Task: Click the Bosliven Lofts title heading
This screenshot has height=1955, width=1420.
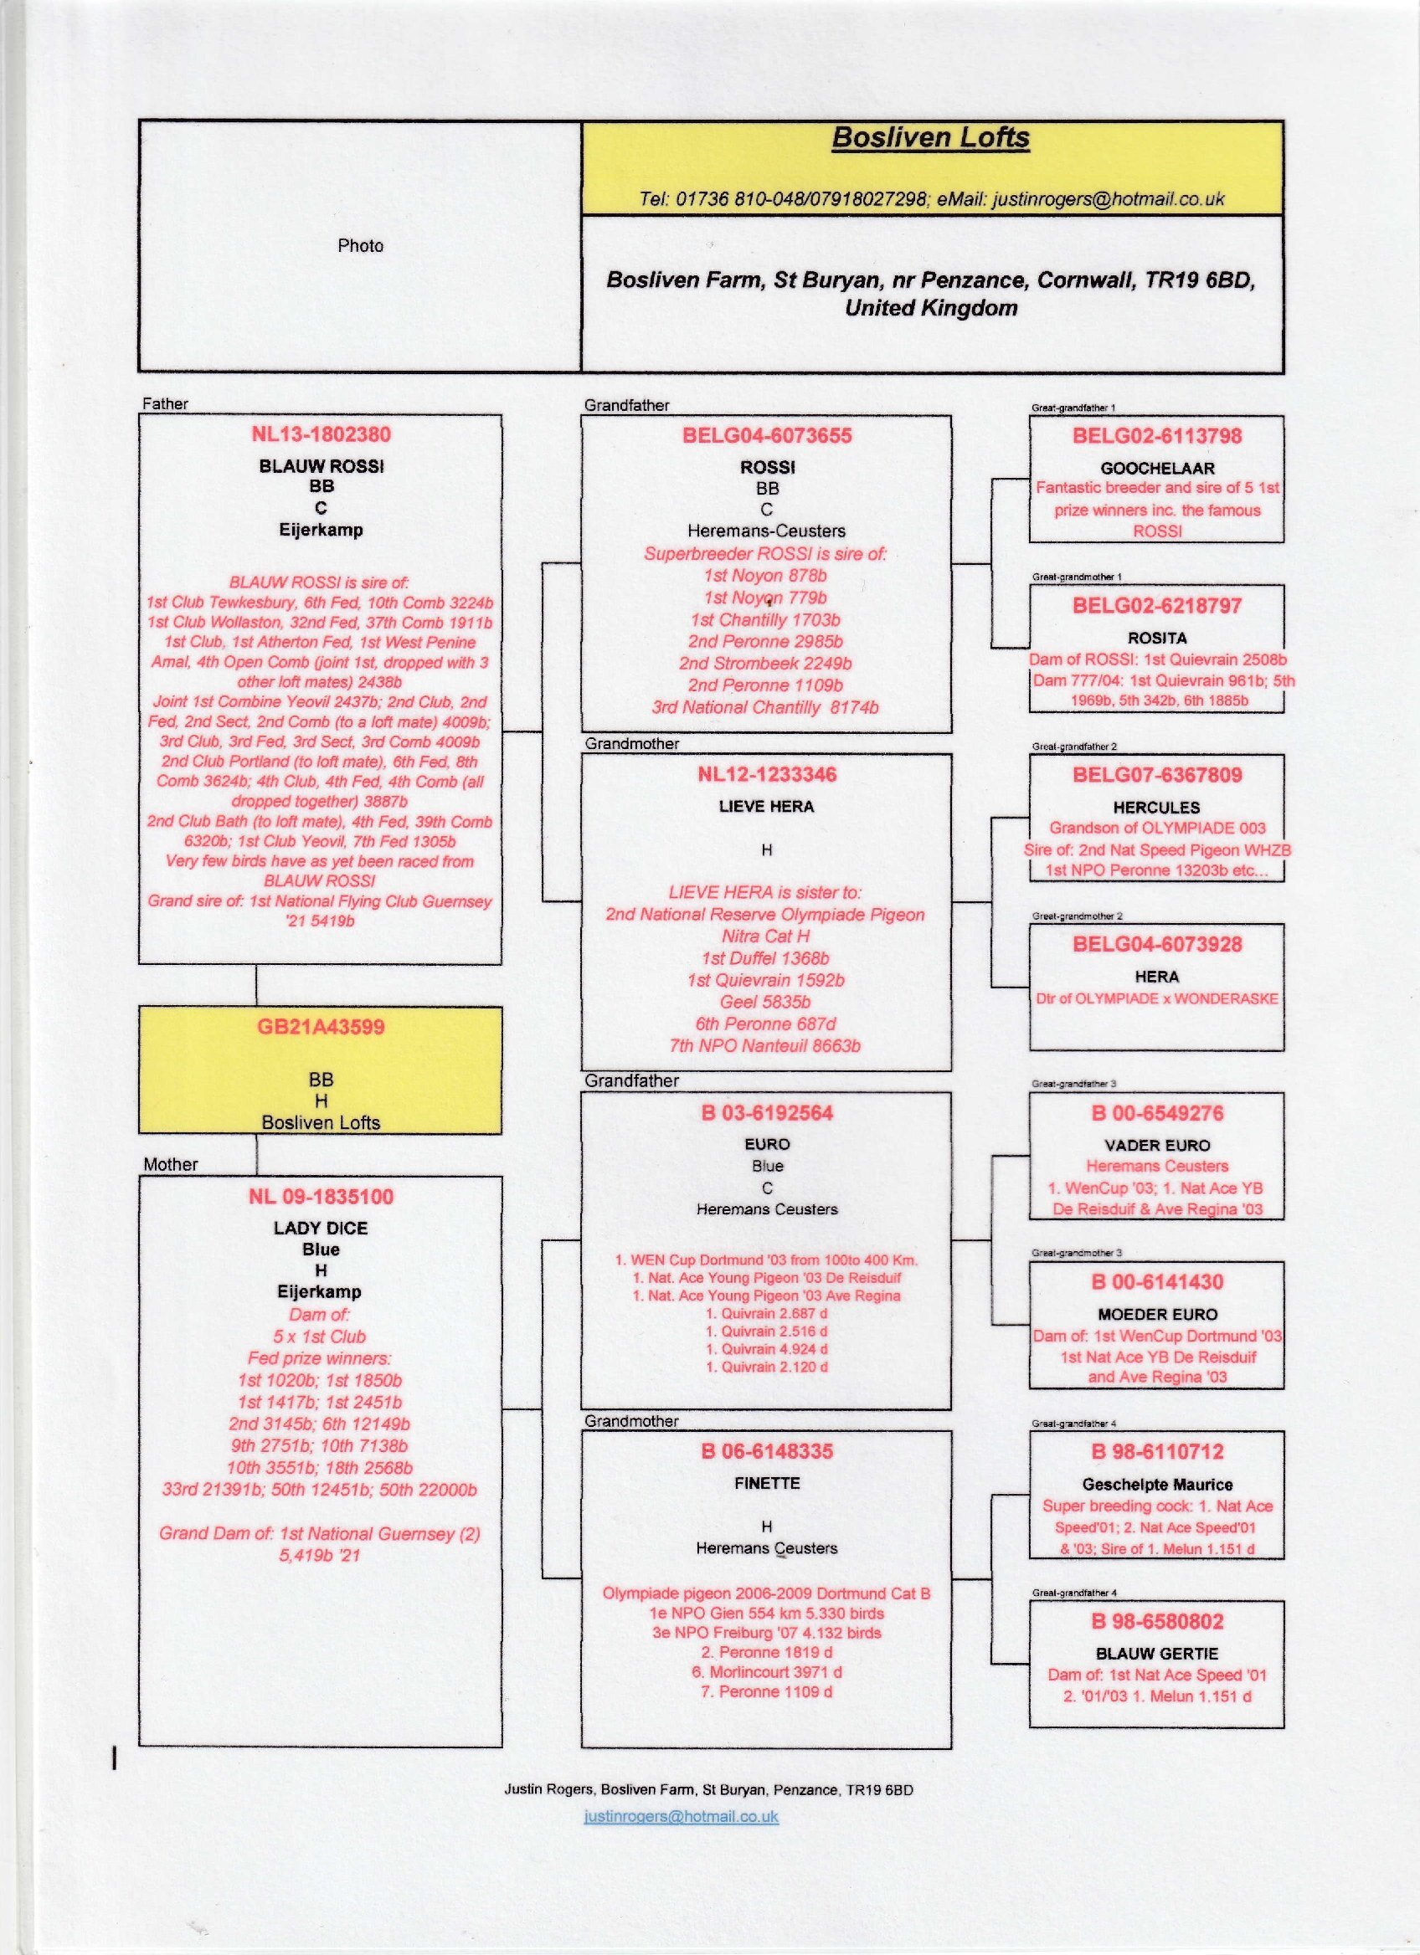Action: (930, 138)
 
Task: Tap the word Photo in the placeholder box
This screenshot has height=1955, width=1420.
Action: (360, 246)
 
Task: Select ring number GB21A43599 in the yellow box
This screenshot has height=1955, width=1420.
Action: (321, 1027)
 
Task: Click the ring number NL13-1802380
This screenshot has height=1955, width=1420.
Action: (321, 435)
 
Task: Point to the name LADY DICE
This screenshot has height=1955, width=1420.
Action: (321, 1228)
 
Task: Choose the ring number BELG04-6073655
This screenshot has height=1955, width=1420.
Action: (766, 435)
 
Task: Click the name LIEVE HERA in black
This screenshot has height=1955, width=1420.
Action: (766, 806)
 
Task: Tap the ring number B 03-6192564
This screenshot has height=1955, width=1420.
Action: (766, 1113)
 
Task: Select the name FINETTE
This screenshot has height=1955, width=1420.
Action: (766, 1483)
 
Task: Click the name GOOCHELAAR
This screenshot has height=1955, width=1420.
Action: (1157, 468)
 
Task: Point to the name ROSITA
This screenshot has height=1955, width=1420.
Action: (1157, 638)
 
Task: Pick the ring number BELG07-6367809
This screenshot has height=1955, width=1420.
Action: (1157, 774)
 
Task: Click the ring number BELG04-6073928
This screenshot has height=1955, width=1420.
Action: (1157, 944)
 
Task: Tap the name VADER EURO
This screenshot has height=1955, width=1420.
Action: (1157, 1145)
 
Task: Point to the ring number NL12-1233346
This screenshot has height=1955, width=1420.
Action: (766, 774)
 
